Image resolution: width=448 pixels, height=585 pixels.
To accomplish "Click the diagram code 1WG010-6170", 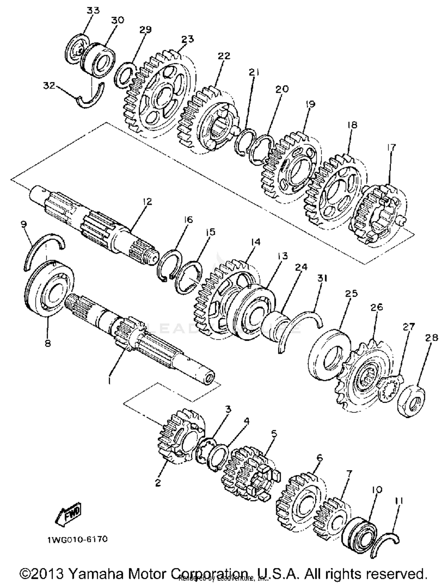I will pos(77,539).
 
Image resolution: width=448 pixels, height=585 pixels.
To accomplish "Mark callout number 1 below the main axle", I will pos(110,381).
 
